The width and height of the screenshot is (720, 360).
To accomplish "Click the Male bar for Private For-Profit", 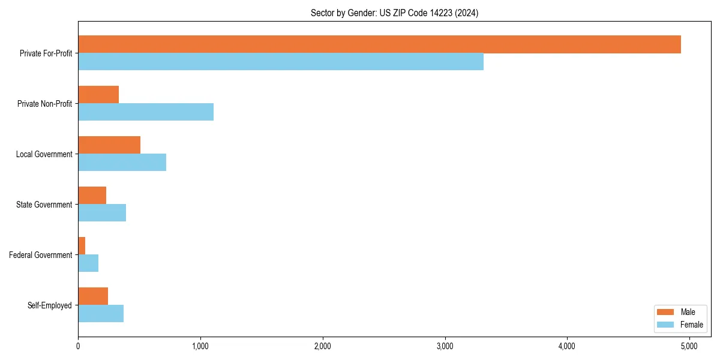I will (379, 44).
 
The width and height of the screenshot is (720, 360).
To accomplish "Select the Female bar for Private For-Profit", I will (281, 62).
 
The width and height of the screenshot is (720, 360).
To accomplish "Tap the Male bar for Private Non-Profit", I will (98, 95).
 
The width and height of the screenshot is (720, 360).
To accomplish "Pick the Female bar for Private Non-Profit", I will (146, 112).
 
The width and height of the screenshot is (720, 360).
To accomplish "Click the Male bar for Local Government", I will (109, 145).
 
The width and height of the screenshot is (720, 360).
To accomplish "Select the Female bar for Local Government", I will (122, 163).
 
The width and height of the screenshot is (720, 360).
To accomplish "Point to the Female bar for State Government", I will (102, 213).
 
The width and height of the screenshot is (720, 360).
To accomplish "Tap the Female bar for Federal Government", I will (88, 263).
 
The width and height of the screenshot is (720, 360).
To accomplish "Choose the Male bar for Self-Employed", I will (93, 296).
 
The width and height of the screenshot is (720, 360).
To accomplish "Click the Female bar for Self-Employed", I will (101, 314).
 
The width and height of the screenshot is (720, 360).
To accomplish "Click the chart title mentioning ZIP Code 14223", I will (394, 13).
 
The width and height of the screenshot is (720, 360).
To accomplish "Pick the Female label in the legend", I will (691, 325).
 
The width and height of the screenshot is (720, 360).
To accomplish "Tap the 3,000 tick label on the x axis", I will (445, 346).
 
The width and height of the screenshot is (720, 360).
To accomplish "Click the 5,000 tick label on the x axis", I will (689, 346).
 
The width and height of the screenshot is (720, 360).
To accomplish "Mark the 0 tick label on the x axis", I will (78, 346).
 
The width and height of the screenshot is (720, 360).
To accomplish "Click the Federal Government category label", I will (41, 255).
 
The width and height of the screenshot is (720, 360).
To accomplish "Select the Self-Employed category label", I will (50, 305).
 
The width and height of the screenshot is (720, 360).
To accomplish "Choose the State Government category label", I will (44, 205).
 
